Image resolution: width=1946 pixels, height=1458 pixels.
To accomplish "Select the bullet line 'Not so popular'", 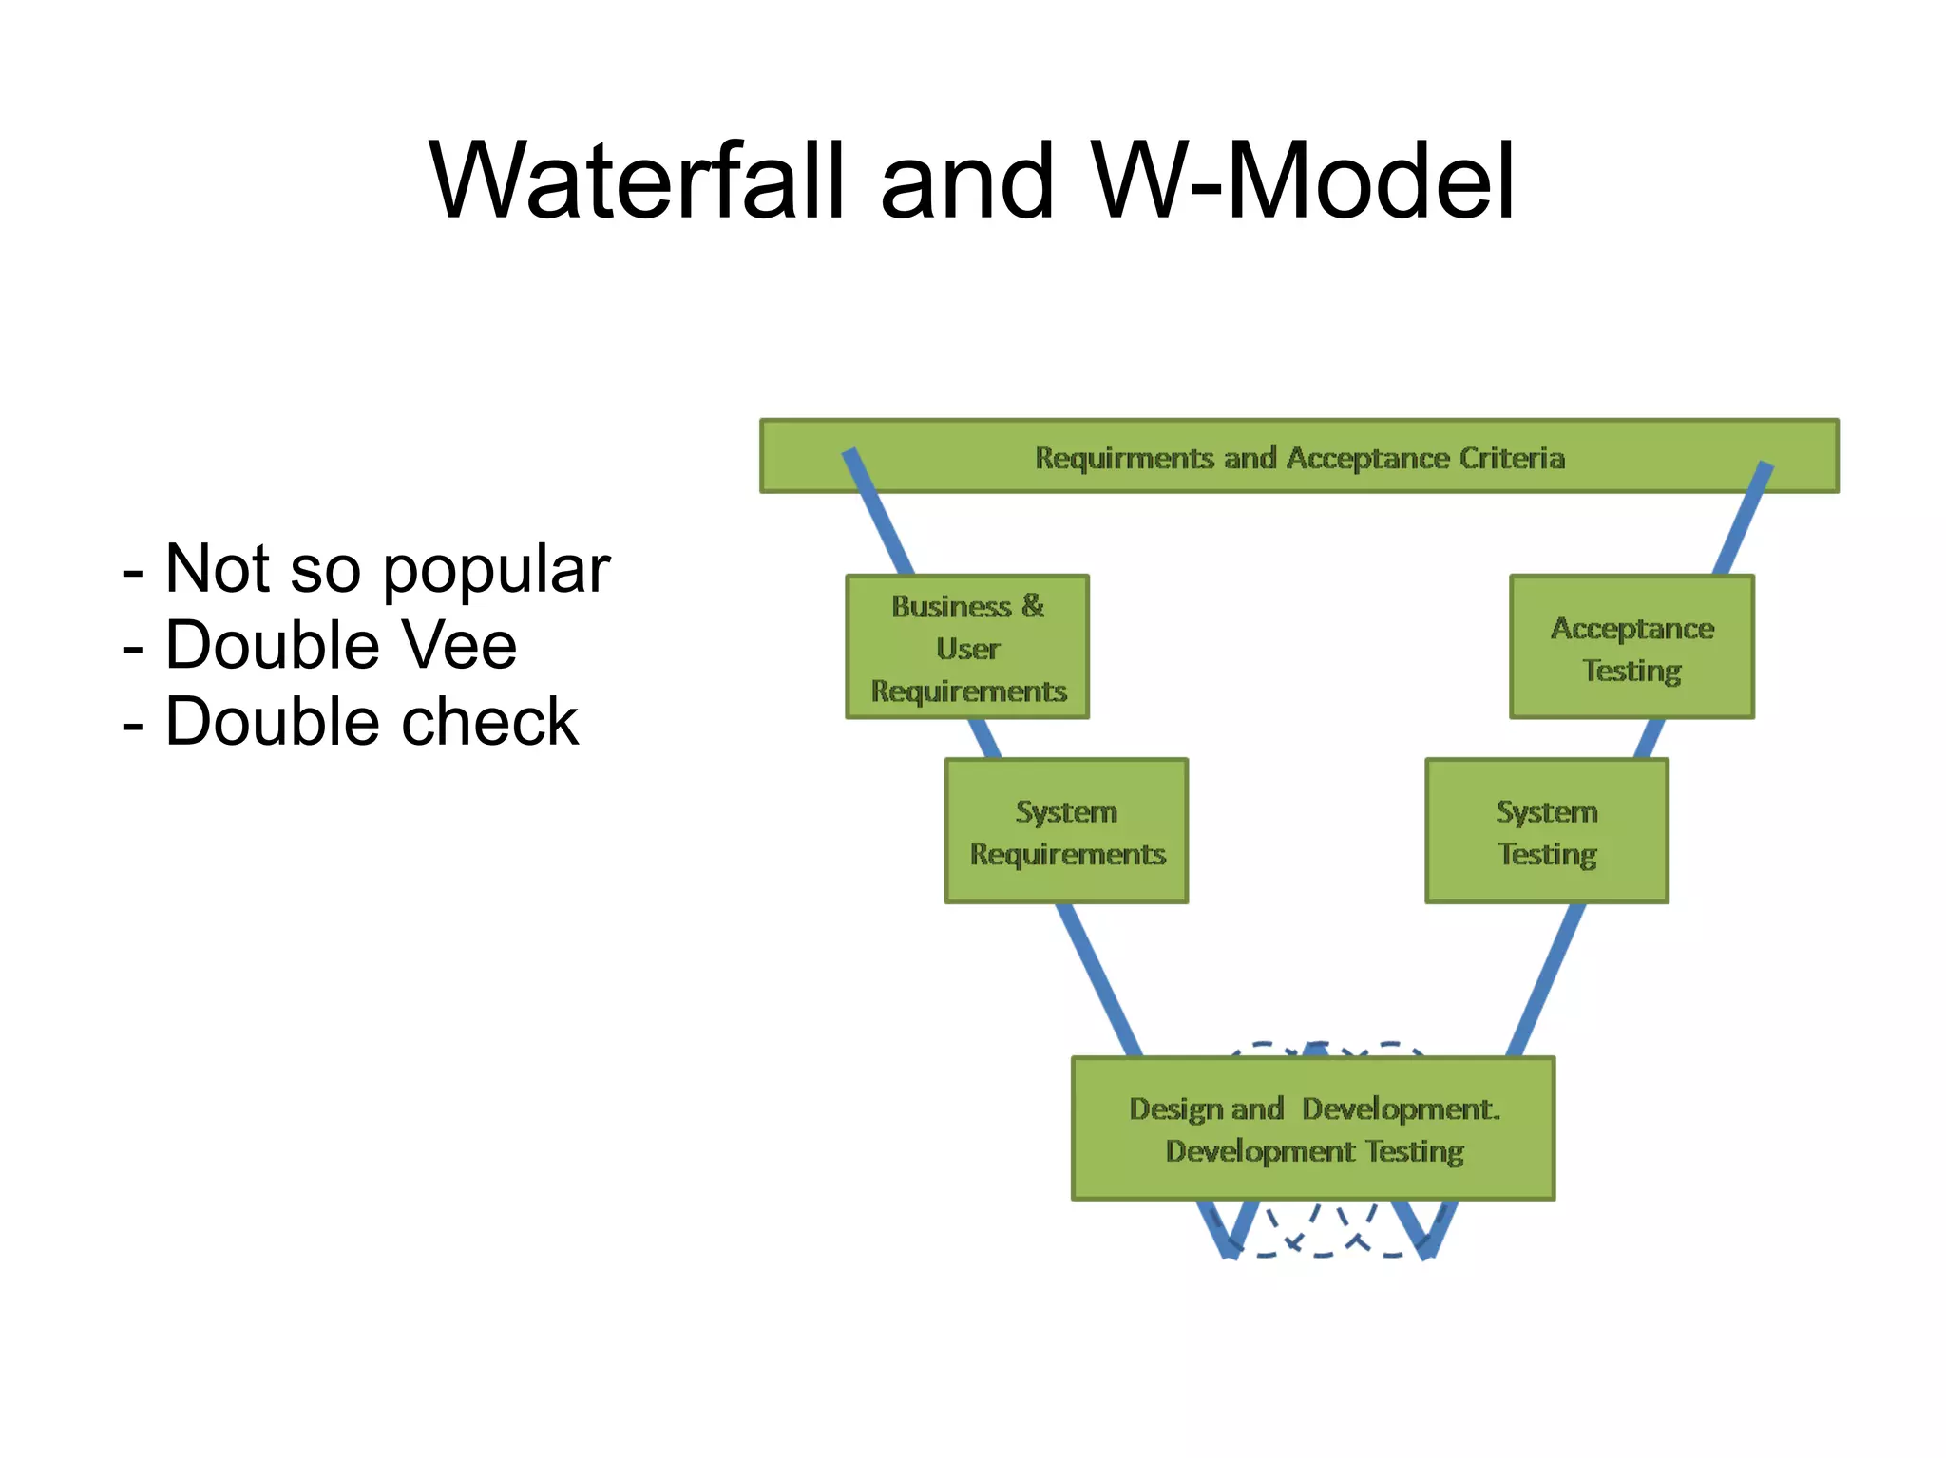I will click(367, 570).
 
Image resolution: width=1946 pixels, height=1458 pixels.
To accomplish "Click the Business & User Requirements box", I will click(967, 647).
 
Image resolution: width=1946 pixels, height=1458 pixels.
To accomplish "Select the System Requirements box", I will click(1066, 831).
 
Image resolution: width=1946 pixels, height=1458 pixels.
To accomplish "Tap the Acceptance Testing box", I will click(1631, 647).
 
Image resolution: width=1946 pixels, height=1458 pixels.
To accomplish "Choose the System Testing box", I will click(1547, 831).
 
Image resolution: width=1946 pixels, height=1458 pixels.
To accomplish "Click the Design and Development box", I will click(1313, 1128).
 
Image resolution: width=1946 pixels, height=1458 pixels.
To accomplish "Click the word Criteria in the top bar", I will click(1512, 458).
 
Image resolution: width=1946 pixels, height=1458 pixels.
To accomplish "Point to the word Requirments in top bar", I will click(1124, 458).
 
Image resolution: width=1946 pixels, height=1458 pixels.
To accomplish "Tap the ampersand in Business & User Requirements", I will click(1033, 605).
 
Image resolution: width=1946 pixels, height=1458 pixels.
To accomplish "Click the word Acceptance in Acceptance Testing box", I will click(1632, 628).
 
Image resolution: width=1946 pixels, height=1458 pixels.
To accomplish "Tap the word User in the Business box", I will click(967, 649).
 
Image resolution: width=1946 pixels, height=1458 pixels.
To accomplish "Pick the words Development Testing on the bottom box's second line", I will click(1314, 1151).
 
